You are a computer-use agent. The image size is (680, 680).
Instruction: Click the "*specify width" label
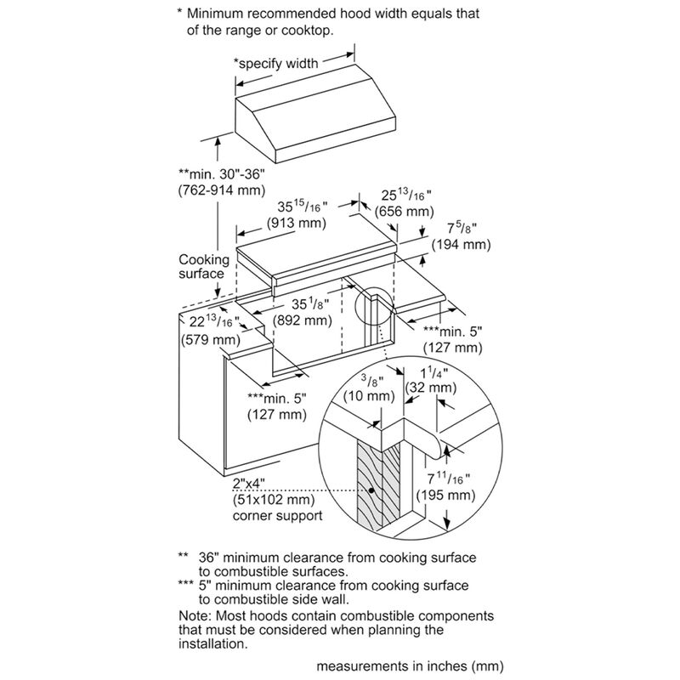coord(276,63)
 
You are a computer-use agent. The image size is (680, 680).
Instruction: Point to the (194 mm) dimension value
coord(462,245)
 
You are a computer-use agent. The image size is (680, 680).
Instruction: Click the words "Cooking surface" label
coord(203,266)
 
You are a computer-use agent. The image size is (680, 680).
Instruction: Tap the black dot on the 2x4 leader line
coord(372,491)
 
